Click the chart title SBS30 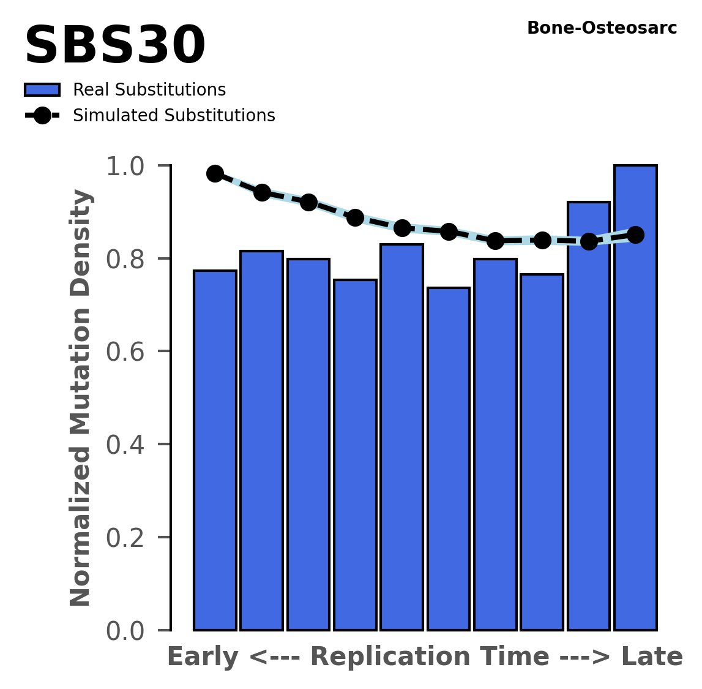pos(114,47)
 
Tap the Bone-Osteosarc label pos(602,28)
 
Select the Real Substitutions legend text pos(149,90)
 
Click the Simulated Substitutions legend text pos(174,116)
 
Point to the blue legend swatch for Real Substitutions pos(42,90)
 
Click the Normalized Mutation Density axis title pos(81,397)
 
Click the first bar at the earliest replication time pos(215,450)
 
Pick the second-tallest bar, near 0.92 pos(589,416)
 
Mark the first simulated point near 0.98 pos(215,173)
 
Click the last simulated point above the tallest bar pos(635,235)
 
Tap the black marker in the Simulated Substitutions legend pos(42,116)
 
